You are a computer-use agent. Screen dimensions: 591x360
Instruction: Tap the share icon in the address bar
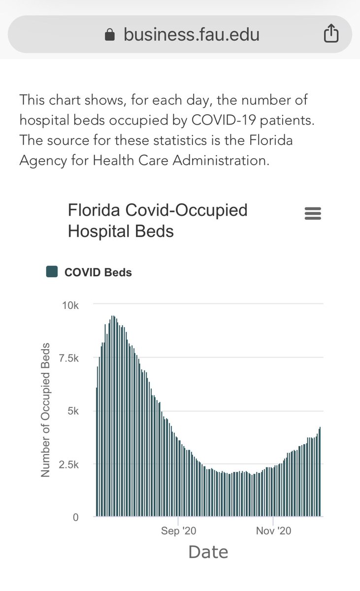[x=331, y=34]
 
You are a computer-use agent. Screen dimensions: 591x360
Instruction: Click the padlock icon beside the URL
[x=110, y=35]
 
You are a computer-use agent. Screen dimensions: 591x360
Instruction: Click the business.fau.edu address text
[x=191, y=34]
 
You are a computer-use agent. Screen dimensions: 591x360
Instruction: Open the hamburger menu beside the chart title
[x=313, y=214]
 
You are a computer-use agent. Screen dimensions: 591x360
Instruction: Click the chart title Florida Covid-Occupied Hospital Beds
[x=157, y=221]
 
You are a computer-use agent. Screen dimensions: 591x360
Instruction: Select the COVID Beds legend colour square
[x=52, y=272]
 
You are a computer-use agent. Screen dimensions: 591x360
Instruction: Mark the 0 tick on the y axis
[x=75, y=517]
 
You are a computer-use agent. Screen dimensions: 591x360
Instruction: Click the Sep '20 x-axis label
[x=178, y=531]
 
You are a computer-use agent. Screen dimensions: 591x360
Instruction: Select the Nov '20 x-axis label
[x=274, y=531]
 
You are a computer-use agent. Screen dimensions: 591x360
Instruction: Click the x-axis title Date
[x=208, y=552]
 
